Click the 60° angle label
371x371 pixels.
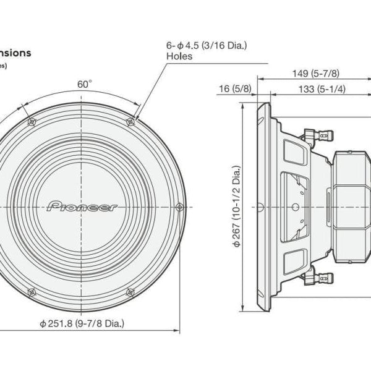(x=84, y=83)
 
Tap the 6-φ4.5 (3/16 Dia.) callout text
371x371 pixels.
(x=206, y=45)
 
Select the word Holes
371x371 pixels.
(x=179, y=56)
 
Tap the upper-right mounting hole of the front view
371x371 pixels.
(x=130, y=121)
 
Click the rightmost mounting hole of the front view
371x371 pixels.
(x=179, y=205)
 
